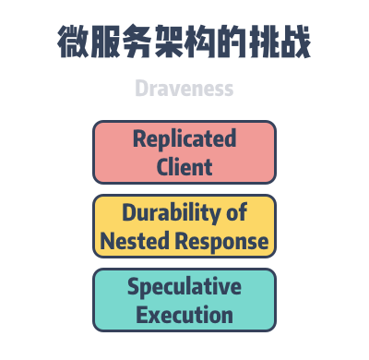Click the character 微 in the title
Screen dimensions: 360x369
click(x=74, y=43)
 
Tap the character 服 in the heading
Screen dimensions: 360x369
click(x=106, y=43)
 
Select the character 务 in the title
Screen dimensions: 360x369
click(x=137, y=43)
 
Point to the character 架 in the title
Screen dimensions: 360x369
click(x=169, y=43)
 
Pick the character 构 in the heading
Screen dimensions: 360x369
click(x=200, y=43)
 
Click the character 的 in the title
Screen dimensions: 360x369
click(x=232, y=43)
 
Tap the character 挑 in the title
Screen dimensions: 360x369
click(x=263, y=43)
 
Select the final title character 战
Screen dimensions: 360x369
click(x=294, y=43)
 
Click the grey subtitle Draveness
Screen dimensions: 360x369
click(x=184, y=90)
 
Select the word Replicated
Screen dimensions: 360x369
click(x=184, y=139)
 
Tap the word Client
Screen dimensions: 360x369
click(x=184, y=167)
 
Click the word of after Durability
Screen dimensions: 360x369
click(x=237, y=213)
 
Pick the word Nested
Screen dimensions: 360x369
click(x=132, y=241)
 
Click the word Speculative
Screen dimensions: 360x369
click(x=184, y=287)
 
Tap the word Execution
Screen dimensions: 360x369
click(x=184, y=315)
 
